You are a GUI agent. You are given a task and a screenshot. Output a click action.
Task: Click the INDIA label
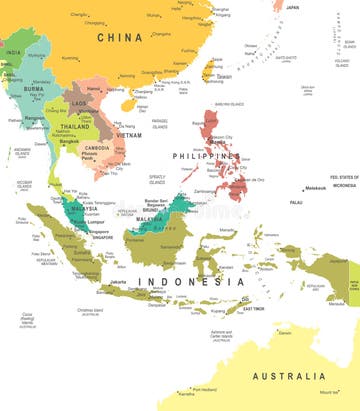click(x=13, y=51)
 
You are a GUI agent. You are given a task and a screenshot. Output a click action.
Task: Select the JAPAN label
click(x=292, y=7)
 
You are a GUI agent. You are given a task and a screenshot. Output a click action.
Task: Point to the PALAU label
click(x=295, y=201)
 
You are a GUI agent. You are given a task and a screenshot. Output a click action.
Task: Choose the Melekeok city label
click(x=316, y=188)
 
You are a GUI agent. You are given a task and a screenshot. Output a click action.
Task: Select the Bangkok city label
click(x=68, y=141)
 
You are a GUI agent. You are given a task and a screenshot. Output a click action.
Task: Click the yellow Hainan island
click(x=128, y=103)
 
